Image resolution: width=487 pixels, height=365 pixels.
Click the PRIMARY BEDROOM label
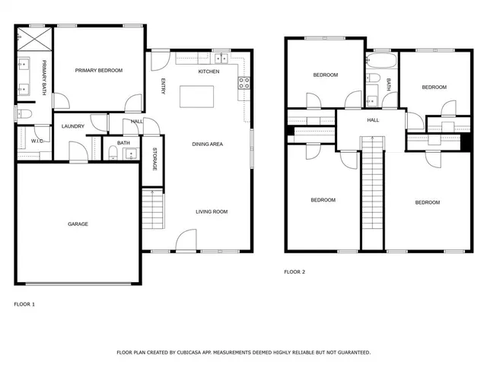(x=98, y=70)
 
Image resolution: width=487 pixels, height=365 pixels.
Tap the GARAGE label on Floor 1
(x=78, y=224)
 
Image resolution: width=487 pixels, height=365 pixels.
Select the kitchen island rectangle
(x=196, y=97)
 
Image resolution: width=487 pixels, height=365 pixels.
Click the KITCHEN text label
(x=208, y=71)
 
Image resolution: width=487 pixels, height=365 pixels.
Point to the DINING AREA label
(x=207, y=144)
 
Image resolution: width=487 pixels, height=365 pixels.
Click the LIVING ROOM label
(x=212, y=211)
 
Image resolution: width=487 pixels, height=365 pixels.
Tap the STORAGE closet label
(x=154, y=158)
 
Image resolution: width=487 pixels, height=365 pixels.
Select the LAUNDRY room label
(x=72, y=126)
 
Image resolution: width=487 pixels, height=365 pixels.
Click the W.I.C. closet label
(x=37, y=141)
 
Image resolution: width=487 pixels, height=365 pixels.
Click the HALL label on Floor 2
(x=373, y=120)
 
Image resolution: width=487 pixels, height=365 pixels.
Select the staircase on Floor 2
(x=371, y=190)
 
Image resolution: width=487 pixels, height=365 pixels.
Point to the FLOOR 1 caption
(x=24, y=303)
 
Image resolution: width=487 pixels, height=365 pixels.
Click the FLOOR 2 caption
(x=294, y=271)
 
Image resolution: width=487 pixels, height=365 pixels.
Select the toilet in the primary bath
(x=23, y=113)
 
